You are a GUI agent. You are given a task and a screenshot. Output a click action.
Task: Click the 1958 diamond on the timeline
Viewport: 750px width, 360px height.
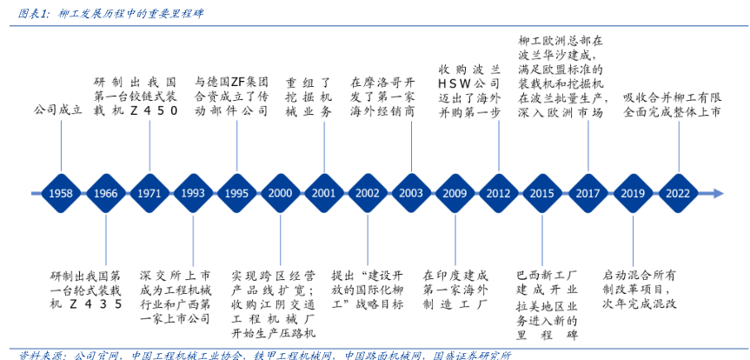coord(61,193)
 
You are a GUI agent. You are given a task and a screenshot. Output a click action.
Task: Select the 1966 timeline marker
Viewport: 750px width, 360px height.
coord(105,193)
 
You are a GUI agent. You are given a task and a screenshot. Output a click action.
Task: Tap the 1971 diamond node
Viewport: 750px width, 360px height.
coord(149,193)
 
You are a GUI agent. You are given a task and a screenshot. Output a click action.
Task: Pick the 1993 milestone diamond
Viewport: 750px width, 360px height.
coord(193,193)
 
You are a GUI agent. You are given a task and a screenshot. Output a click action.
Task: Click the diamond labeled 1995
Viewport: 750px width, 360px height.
coord(236,193)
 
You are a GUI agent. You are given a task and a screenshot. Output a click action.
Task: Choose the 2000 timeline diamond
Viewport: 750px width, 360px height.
coord(280,193)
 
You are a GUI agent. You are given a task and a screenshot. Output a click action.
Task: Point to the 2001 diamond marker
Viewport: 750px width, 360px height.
coord(323,193)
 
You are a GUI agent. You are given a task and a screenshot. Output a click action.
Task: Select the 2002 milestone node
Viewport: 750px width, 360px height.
coord(368,193)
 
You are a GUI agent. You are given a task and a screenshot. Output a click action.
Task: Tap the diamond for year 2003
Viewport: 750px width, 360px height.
coord(411,193)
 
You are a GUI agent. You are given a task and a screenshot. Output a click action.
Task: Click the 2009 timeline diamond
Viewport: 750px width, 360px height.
coord(455,193)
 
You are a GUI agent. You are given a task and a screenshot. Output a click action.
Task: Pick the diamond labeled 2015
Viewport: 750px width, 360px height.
coord(542,193)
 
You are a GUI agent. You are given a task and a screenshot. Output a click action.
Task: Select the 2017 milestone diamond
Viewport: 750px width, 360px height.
coord(587,193)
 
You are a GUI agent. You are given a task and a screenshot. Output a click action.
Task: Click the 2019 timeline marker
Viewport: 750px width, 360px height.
coord(632,193)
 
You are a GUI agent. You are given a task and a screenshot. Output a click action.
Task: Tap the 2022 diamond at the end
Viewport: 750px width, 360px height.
coord(678,193)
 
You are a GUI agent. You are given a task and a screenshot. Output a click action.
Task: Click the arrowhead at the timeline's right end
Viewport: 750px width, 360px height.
coord(717,193)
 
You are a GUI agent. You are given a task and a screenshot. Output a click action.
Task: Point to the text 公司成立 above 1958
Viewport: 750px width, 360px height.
coord(57,110)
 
